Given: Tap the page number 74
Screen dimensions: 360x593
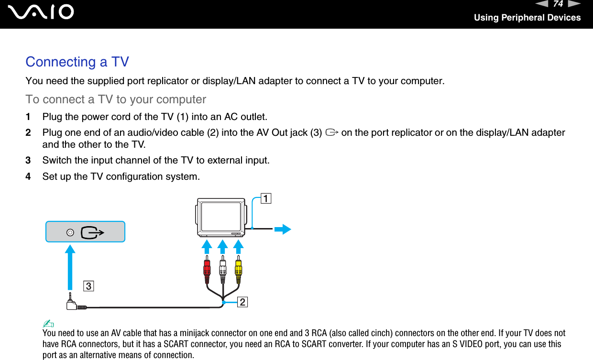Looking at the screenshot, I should pos(558,4).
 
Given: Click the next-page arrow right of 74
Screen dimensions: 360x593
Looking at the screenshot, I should pos(574,4).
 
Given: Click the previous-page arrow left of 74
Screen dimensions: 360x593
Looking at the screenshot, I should pos(542,4).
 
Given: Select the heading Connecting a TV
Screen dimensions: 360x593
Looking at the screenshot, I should pos(77,62).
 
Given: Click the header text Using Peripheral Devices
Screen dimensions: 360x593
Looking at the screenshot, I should pos(527,18).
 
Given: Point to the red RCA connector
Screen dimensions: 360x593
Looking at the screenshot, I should pos(207,271).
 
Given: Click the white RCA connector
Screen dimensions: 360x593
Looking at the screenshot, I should pos(222,271).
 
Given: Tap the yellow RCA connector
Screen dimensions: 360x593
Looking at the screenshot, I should pos(238,271).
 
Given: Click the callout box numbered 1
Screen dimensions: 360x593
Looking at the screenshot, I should pos(265,198).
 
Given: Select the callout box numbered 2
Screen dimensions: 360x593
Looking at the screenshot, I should pos(242,302).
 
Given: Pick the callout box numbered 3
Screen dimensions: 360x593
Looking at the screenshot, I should pos(88,286).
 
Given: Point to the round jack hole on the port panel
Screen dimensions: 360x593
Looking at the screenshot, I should pos(70,232).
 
